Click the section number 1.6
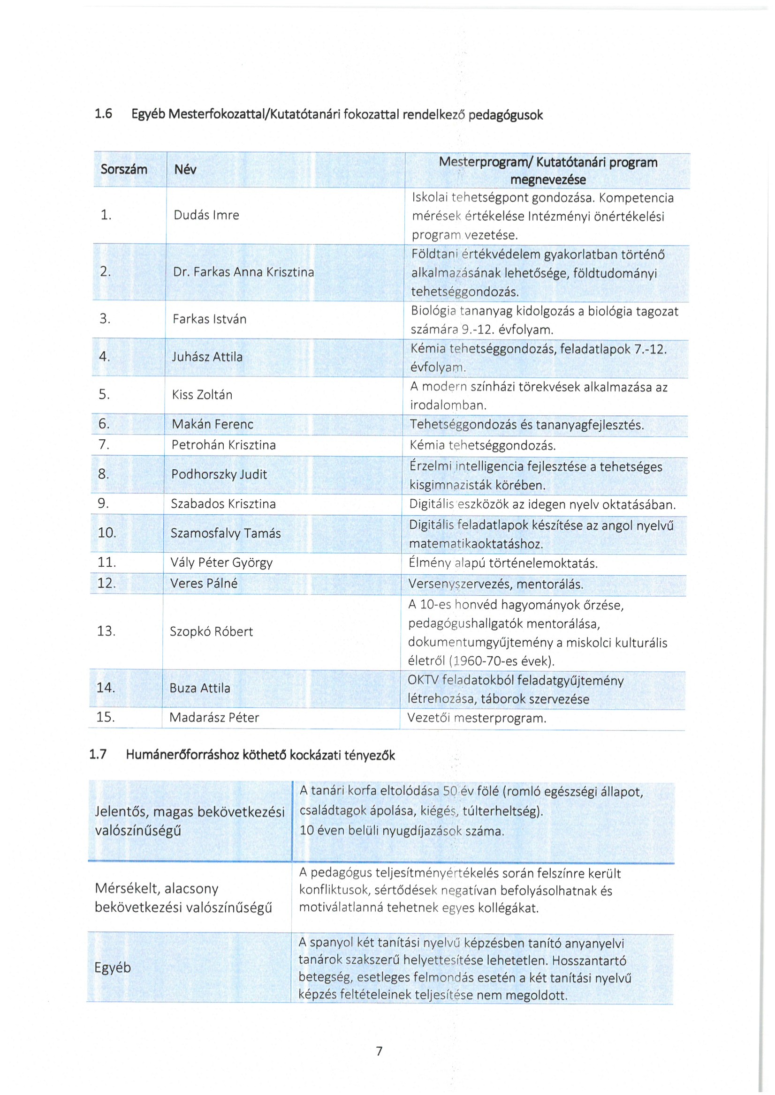coord(103,113)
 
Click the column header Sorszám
coord(123,169)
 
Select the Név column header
coord(185,169)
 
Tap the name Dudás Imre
coord(206,215)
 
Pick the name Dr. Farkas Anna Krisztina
coord(243,272)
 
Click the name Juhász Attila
coord(207,357)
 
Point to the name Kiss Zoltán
coord(202,394)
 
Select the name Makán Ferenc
coord(213,424)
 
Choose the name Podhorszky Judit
coord(219,474)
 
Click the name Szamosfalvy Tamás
coord(226,533)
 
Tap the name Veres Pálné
coord(204,583)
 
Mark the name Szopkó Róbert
coord(211,631)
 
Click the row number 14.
coord(106,687)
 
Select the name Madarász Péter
coord(214,717)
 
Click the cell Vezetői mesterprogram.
coord(477,718)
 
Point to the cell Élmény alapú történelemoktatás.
coord(503,563)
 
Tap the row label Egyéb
coord(113,963)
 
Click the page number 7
coord(380,1050)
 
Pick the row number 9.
coord(103,503)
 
